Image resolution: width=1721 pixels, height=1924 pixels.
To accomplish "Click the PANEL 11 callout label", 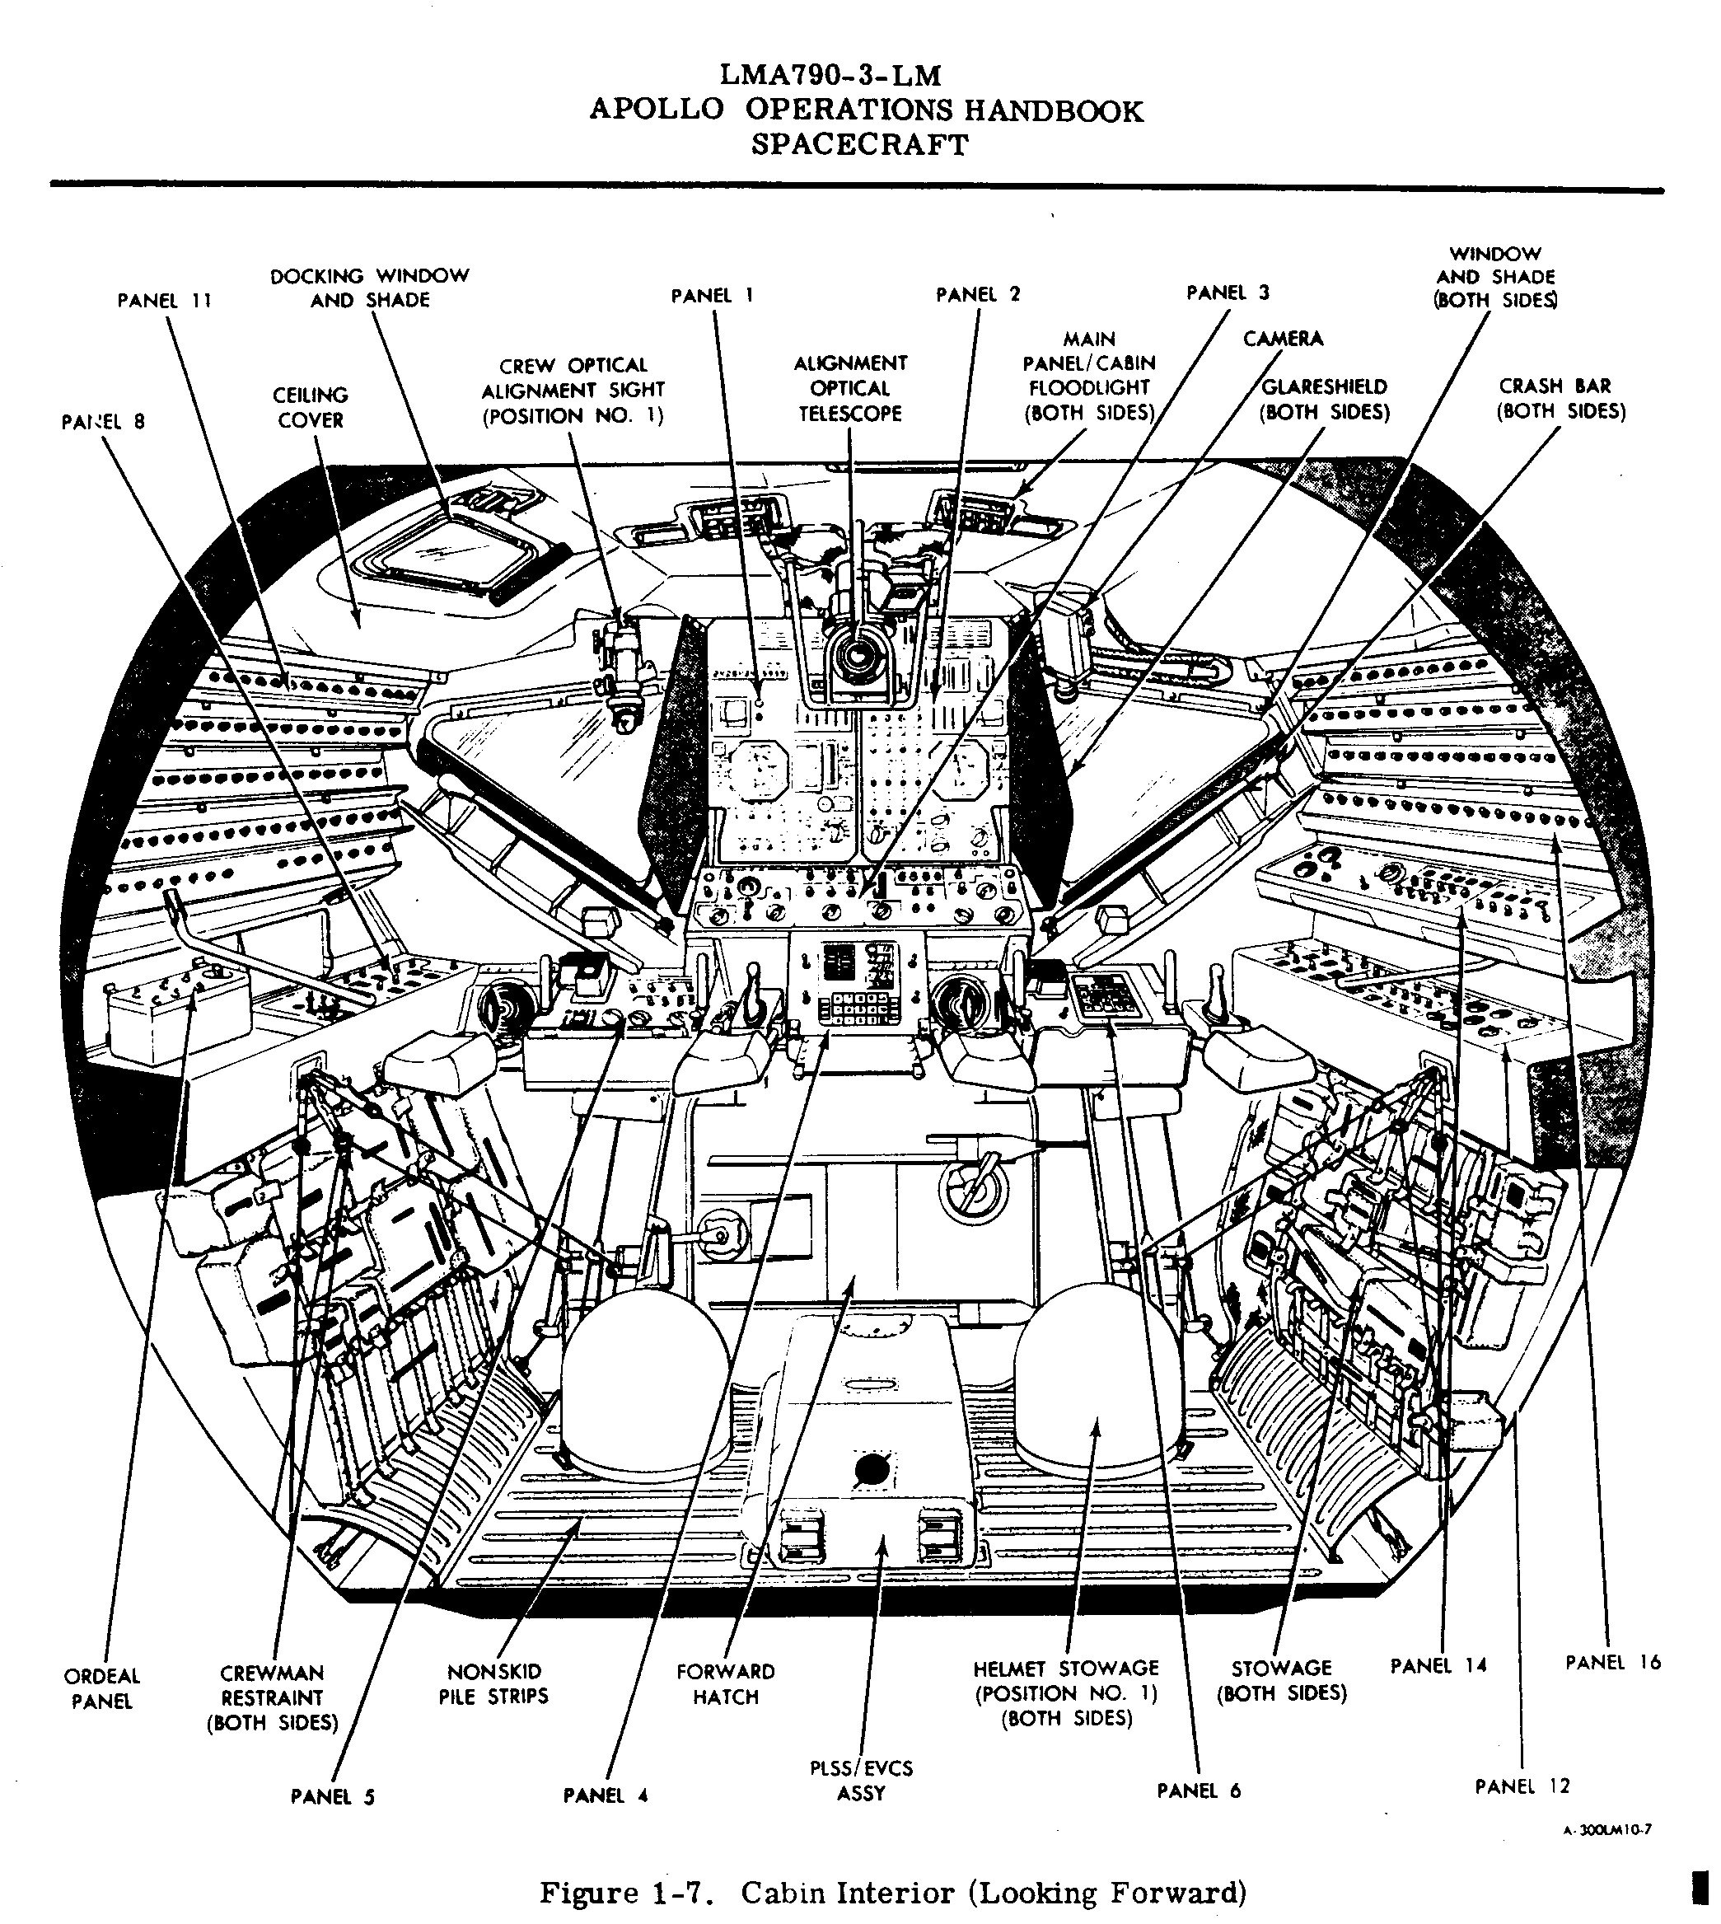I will [x=164, y=301].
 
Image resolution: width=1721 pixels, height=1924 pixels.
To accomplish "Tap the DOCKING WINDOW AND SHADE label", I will [x=370, y=288].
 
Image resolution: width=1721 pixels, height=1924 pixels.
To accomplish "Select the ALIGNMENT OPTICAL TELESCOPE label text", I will [x=849, y=388].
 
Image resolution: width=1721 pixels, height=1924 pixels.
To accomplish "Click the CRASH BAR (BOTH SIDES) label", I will [x=1560, y=398].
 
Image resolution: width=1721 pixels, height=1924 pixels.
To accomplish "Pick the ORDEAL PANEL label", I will [x=101, y=1688].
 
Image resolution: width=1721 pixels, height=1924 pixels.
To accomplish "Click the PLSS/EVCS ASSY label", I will [x=860, y=1781].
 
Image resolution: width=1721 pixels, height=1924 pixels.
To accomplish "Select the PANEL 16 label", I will [x=1612, y=1663].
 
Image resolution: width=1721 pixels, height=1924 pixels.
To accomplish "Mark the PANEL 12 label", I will [x=1522, y=1786].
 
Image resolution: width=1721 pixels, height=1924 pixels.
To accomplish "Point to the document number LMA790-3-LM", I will [x=830, y=76].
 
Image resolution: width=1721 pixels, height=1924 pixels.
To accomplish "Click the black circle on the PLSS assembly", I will [x=871, y=1469].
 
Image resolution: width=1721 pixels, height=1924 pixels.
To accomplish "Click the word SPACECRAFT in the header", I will [x=859, y=145].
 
